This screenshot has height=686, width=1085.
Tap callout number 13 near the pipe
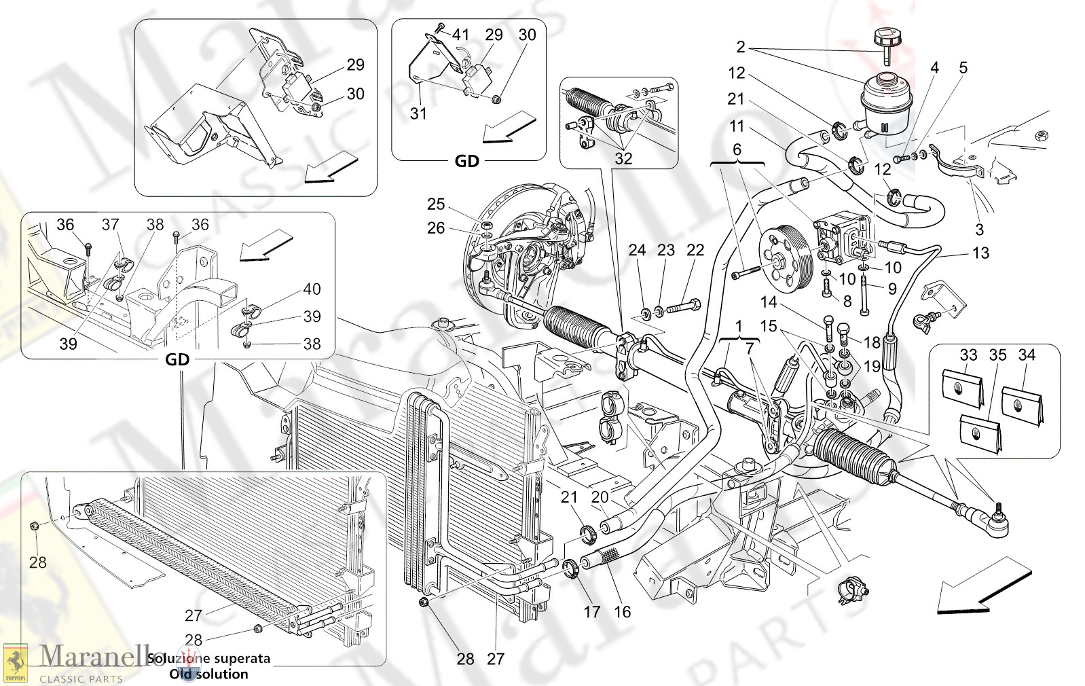(x=980, y=253)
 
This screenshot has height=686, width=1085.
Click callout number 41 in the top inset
(x=461, y=35)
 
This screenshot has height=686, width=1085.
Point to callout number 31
(x=418, y=113)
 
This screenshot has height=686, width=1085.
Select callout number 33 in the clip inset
(x=968, y=355)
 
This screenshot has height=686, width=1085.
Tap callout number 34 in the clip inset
(x=1027, y=355)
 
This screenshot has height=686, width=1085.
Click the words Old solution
(x=208, y=674)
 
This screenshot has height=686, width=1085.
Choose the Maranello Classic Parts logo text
(x=81, y=662)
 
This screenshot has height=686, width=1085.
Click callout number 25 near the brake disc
(x=436, y=204)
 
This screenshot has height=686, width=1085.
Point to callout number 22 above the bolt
(x=695, y=251)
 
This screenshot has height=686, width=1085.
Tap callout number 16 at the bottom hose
(x=622, y=612)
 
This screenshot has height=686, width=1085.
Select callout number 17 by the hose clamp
(x=592, y=612)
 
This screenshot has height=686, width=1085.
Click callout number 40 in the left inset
(x=312, y=289)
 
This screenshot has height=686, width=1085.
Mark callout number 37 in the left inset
(x=110, y=225)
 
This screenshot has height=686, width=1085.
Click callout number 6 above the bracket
(x=737, y=149)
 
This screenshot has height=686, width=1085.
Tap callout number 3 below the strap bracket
(x=979, y=230)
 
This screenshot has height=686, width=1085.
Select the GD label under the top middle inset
(x=467, y=161)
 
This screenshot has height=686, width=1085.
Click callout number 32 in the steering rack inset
(x=623, y=159)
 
